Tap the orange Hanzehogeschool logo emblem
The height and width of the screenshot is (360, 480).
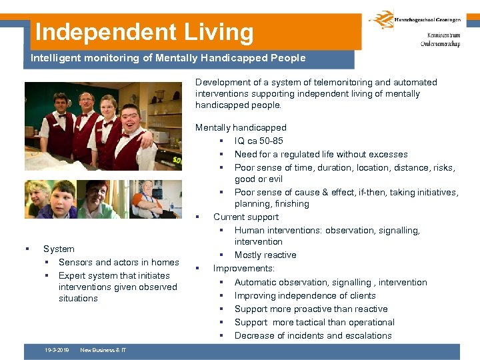coord(381,21)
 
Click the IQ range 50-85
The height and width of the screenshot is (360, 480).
coord(269,141)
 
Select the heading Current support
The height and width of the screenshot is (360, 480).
coord(246,217)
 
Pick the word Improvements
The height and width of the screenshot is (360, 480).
coord(243,269)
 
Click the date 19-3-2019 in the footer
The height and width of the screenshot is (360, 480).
coord(58,350)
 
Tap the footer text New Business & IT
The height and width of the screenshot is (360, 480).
coord(103,350)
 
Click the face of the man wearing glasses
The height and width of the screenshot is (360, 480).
coord(85,103)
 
